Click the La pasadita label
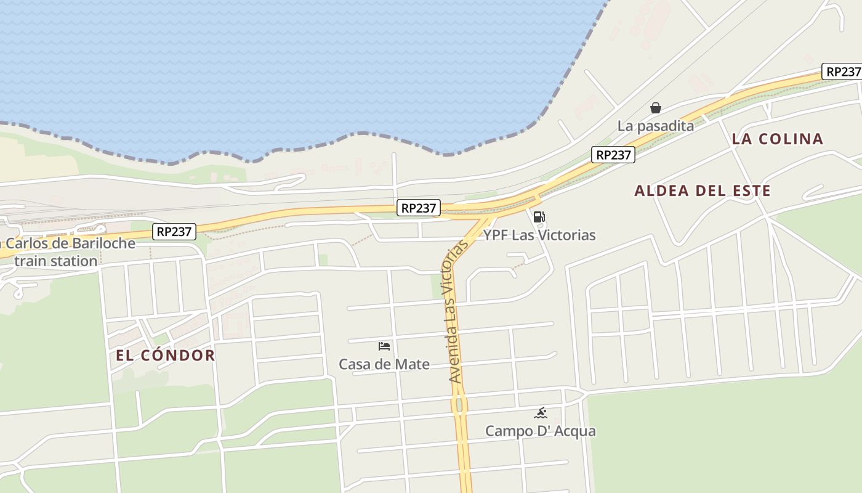(656, 126)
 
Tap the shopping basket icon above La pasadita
(656, 108)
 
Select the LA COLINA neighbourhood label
(777, 139)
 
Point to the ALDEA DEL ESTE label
(703, 191)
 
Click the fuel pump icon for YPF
(539, 217)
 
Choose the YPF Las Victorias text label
(539, 235)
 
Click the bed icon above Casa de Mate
(384, 346)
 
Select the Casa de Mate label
(384, 364)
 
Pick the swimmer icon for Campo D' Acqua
(541, 413)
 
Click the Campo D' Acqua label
(541, 431)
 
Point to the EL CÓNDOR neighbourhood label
(166, 356)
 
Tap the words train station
(56, 261)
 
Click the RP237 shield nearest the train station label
(175, 232)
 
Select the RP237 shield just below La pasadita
(613, 155)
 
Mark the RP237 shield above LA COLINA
(842, 71)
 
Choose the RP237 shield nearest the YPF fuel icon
(419, 208)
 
